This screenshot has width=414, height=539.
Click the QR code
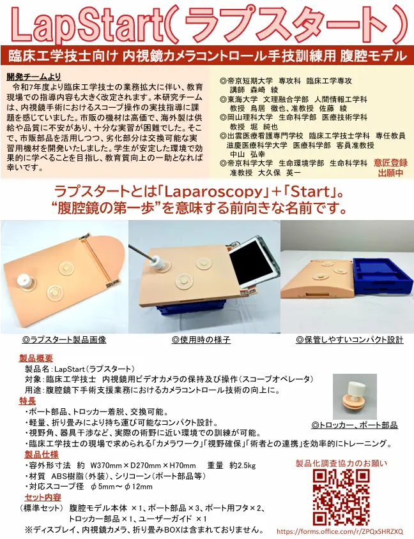click(341, 497)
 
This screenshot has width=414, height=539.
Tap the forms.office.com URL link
click(340, 531)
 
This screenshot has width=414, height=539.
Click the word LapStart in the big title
click(87, 25)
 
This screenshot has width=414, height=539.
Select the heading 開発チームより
click(34, 77)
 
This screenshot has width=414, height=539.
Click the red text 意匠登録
click(390, 163)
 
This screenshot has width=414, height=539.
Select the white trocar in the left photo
click(26, 281)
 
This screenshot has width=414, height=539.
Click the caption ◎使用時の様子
click(201, 340)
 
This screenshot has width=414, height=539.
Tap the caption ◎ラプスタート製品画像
click(64, 340)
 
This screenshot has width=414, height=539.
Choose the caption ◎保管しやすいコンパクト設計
click(349, 340)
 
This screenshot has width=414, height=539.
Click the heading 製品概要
click(36, 358)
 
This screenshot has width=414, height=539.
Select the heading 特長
click(27, 401)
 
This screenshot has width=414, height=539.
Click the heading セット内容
click(43, 497)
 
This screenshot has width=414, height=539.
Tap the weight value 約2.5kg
click(243, 466)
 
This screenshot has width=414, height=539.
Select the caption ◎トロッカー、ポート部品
click(355, 425)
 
